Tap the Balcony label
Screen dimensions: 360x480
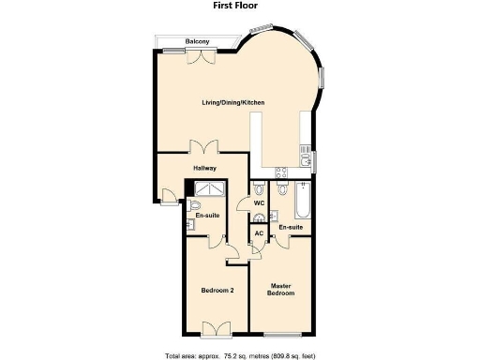197,42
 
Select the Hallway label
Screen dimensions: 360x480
204,169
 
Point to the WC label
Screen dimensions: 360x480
259,202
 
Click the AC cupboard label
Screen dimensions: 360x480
258,233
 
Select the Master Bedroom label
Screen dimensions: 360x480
282,290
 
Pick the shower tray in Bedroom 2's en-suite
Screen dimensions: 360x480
204,188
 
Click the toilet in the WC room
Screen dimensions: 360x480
260,218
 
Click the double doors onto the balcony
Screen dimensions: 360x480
201,57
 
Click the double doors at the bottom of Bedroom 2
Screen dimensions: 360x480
216,327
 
